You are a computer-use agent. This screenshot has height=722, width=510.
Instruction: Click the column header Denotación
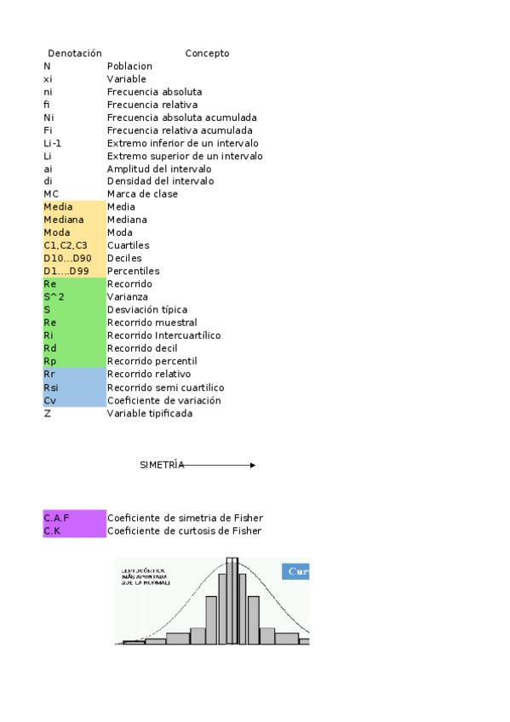coord(74,53)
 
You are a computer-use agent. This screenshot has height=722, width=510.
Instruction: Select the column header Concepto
coord(207,53)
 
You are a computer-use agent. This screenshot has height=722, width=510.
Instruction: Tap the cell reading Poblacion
coord(129,66)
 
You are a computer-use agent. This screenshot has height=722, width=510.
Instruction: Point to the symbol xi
coord(48,78)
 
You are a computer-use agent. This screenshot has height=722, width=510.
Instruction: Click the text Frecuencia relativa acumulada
coord(180,130)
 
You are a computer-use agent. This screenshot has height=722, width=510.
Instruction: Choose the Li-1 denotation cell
coord(53,143)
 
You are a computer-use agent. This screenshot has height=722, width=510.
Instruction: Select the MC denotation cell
coord(51,194)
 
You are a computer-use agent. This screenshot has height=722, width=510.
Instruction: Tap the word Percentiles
coord(133,271)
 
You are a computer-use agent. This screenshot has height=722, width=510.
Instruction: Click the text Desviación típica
coord(147,310)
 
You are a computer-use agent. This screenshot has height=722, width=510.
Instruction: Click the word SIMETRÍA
coord(162,465)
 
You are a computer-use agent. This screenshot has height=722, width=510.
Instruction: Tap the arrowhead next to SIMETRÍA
coord(252,465)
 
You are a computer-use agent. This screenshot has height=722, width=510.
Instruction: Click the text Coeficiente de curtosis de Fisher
coord(184,530)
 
